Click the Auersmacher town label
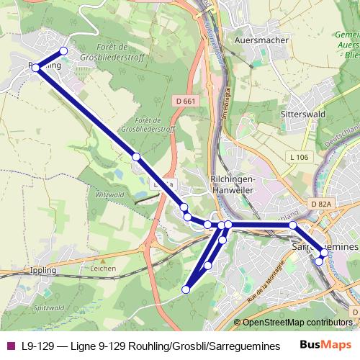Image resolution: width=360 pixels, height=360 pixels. [x=261, y=40]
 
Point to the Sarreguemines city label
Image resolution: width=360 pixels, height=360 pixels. [x=323, y=246]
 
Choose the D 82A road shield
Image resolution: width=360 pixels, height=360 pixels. [x=322, y=205]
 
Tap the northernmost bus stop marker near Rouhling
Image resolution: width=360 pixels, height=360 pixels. [x=63, y=51]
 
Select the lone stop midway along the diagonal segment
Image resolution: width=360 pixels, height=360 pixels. [x=135, y=156]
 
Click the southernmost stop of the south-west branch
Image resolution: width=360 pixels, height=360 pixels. [x=186, y=289]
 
